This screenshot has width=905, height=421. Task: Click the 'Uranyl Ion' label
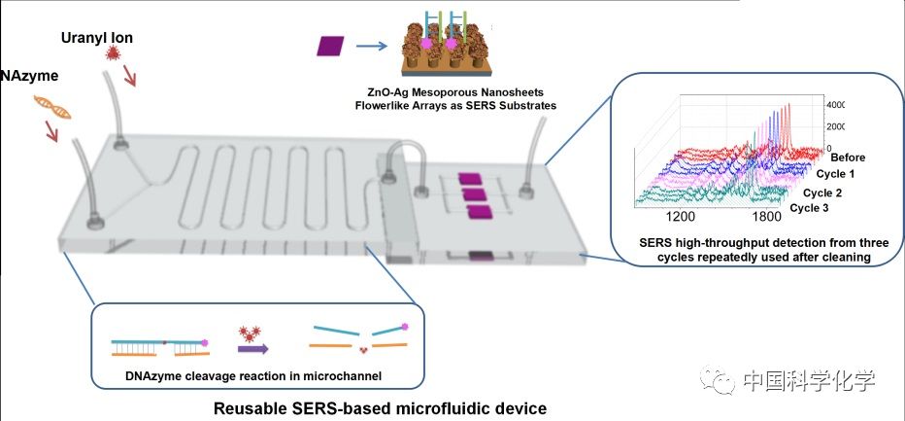[x=95, y=38]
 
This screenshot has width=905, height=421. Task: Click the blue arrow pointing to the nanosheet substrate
[x=372, y=45]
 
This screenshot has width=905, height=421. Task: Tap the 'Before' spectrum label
[x=847, y=157]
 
